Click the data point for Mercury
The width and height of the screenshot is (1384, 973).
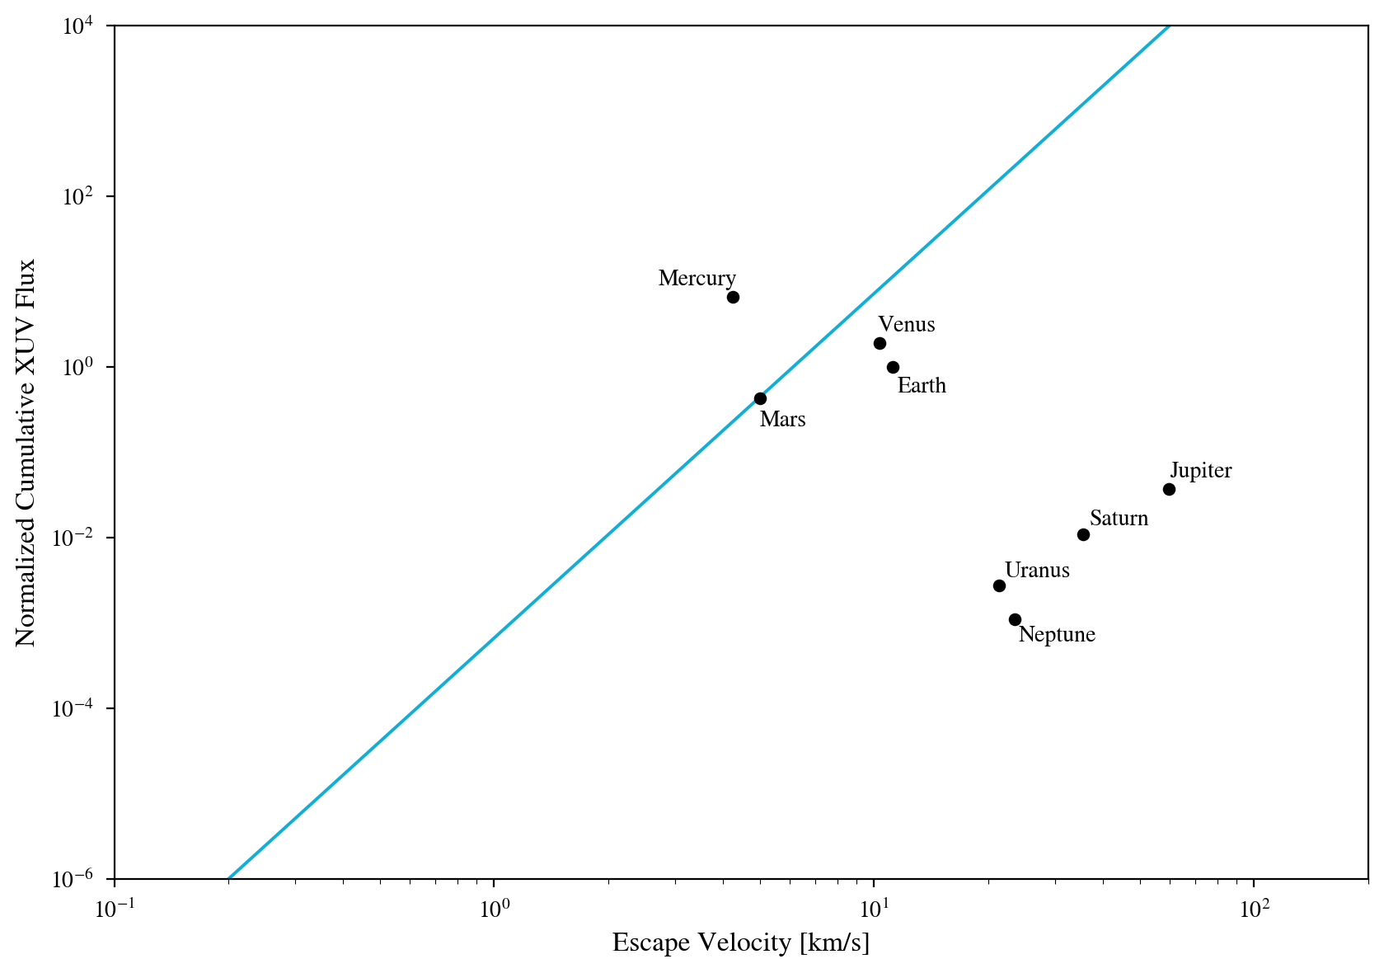click(x=733, y=297)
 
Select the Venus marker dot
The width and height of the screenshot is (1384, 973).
click(x=880, y=343)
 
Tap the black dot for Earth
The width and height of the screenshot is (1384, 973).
click(x=893, y=367)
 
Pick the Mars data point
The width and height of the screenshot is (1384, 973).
click(x=760, y=398)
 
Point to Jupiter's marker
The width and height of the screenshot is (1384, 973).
click(x=1169, y=489)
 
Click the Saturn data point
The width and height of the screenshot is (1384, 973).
click(x=1083, y=534)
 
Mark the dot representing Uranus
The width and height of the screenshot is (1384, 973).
click(x=999, y=585)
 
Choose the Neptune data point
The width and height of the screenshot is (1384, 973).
click(x=1015, y=619)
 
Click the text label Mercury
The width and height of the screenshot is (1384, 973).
click(x=697, y=279)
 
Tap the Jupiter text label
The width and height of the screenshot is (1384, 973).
click(x=1201, y=471)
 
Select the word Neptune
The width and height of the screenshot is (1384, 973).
click(x=1057, y=635)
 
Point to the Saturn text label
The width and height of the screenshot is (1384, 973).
click(x=1119, y=519)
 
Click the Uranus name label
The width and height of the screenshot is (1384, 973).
click(x=1037, y=571)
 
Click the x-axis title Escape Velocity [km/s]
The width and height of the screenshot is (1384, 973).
click(x=740, y=942)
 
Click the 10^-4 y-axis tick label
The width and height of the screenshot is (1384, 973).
click(x=81, y=708)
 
